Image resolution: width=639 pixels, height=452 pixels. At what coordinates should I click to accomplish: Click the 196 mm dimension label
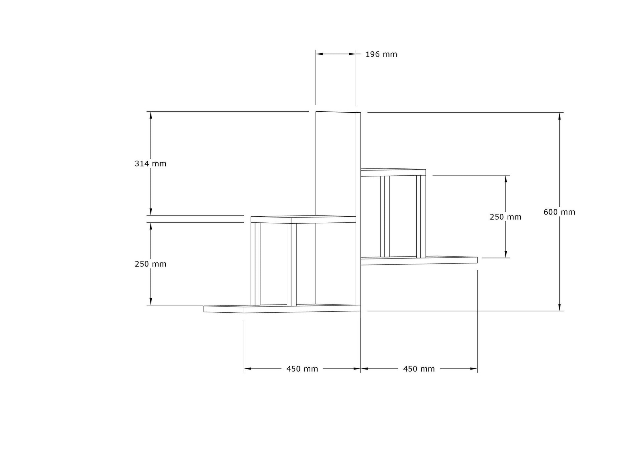(x=381, y=55)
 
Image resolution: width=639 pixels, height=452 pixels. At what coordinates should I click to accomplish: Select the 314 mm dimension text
(x=150, y=164)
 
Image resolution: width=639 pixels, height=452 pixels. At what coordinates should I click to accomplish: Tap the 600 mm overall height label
(x=559, y=212)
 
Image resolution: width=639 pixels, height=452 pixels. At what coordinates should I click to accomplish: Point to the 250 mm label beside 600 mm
(x=505, y=217)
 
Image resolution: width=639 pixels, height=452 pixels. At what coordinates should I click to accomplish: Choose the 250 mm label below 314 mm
(x=150, y=264)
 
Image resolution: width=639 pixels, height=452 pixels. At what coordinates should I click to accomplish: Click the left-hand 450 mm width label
(x=302, y=369)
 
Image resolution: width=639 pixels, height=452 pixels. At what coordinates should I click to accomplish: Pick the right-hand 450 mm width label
(x=419, y=369)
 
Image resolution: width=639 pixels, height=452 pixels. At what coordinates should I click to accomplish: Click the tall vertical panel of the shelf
(x=336, y=164)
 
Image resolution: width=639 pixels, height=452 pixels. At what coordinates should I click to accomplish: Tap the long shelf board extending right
(x=419, y=261)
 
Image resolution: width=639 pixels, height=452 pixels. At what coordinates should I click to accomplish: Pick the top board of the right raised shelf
(x=393, y=173)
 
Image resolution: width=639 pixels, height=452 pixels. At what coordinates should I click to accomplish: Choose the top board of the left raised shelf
(x=303, y=220)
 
